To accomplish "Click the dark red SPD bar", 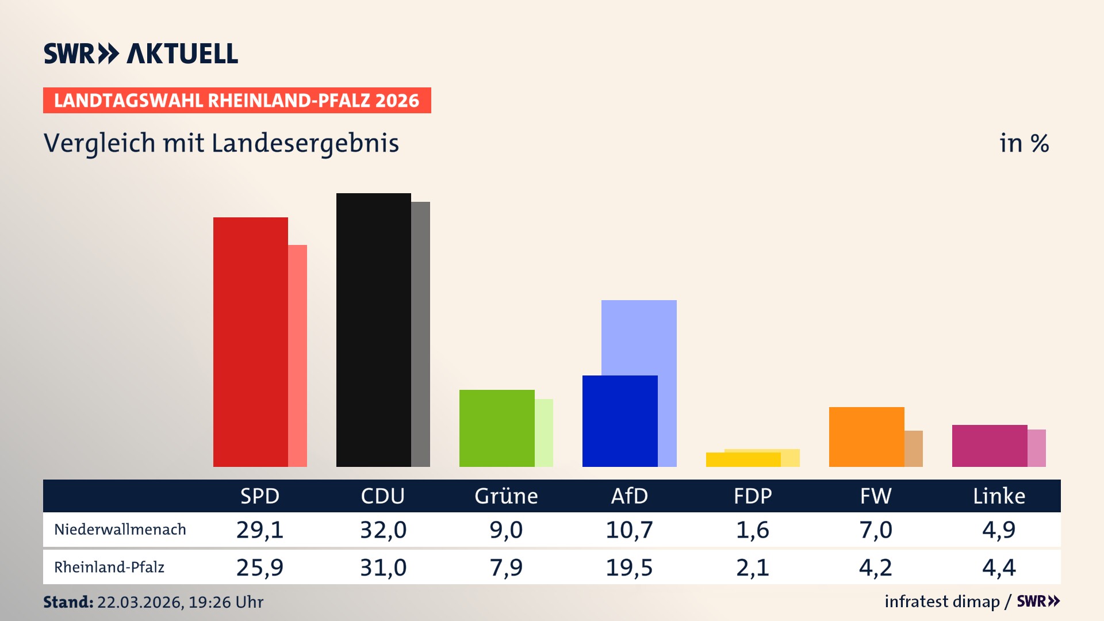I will pos(250,342).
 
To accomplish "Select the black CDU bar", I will pos(373,330).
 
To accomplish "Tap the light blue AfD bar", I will pos(639,337).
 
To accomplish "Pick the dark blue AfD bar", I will pos(620,421).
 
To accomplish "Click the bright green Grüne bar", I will pos(497,428).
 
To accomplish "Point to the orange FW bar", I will pos(867,437).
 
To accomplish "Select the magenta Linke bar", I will pos(990,446).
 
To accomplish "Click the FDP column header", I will pos(752,496).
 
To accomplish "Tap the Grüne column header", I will pos(506,496).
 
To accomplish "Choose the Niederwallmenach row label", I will pos(120,530).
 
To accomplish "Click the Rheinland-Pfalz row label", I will pos(109,568).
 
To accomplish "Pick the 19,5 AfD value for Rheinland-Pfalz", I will pos(629,568).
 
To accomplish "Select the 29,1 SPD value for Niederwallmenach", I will pos(260,530).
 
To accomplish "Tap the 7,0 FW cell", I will pos(875,530).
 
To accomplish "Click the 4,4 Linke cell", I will pos(999,568).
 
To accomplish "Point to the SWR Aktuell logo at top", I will pos(141,53).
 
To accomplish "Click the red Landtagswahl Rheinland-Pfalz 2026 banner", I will pos(237,101).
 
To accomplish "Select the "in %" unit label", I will pos(1023,144).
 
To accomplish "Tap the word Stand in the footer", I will pos(68,602).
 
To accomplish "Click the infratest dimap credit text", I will pos(942,601).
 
